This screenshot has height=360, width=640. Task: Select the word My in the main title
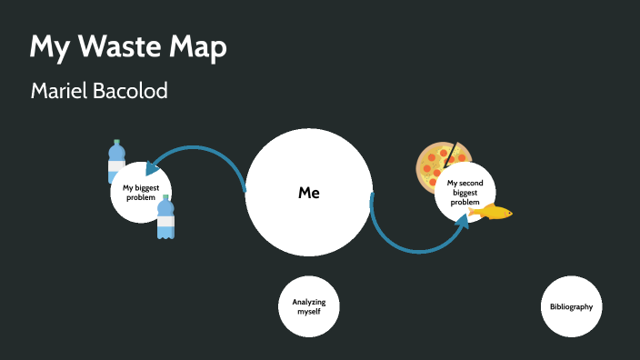coord(45,49)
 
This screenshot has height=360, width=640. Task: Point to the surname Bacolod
coord(135,91)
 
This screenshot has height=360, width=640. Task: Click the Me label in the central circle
coord(309,193)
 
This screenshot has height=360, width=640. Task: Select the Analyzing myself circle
coord(309,306)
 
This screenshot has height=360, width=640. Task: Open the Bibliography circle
coord(571,306)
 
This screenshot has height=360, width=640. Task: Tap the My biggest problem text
coord(140,193)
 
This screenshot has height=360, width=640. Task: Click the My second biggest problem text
coord(464,192)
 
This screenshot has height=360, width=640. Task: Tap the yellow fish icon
coord(491,213)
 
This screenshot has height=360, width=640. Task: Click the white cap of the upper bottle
coord(115,143)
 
